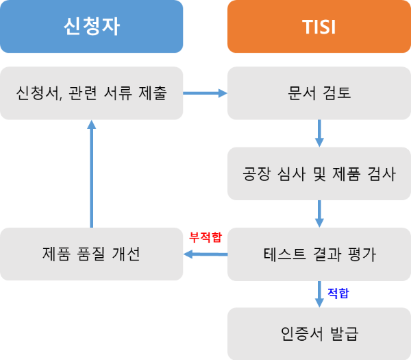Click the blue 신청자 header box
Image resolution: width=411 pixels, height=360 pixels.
(x=91, y=27)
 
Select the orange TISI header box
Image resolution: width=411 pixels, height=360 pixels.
(x=319, y=27)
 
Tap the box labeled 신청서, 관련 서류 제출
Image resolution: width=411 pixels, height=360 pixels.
(x=91, y=93)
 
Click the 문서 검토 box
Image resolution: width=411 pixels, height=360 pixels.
(x=319, y=93)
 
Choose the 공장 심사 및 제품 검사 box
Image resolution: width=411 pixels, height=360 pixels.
(x=319, y=173)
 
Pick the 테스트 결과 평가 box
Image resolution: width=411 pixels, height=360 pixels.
(x=319, y=254)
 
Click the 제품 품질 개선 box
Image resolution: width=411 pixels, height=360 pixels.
(x=91, y=254)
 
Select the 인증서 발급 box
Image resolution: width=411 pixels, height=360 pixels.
(x=319, y=334)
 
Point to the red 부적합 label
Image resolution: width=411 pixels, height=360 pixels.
(x=206, y=237)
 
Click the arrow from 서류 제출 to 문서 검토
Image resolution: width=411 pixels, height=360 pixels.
(x=206, y=93)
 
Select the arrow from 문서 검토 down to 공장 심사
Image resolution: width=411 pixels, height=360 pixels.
(x=319, y=133)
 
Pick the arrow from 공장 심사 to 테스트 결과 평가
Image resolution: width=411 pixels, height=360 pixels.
(x=319, y=213)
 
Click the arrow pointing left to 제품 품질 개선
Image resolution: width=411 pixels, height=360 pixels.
(x=206, y=254)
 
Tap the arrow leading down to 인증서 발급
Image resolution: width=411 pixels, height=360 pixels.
(x=319, y=293)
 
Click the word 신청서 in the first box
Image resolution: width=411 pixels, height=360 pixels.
(x=34, y=93)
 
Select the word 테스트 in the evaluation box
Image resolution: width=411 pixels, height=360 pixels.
(x=286, y=254)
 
